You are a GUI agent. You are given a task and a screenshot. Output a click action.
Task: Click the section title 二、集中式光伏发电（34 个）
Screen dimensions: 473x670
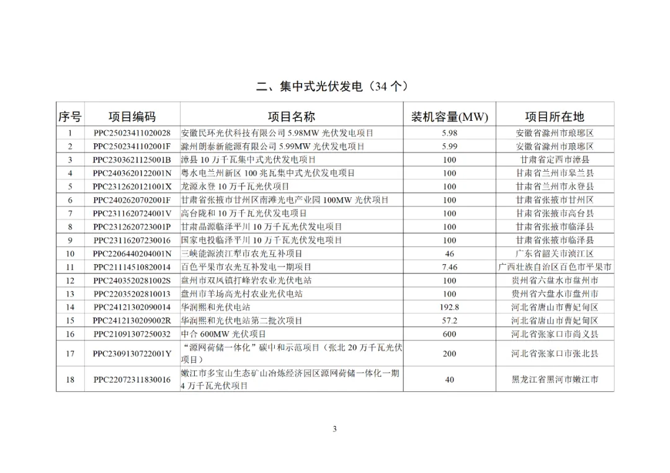334,86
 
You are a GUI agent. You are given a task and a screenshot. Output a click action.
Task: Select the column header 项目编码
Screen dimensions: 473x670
132,117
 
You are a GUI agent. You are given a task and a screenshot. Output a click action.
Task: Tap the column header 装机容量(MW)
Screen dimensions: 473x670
450,117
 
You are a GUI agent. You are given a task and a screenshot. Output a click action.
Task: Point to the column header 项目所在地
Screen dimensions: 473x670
555,117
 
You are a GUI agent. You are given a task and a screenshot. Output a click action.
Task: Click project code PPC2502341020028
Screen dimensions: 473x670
132,133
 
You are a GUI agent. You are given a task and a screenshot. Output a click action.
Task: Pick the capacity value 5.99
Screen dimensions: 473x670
450,147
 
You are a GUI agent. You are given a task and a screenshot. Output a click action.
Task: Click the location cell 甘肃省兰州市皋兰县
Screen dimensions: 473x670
555,173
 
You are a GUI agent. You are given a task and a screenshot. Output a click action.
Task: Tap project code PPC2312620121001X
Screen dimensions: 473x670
132,187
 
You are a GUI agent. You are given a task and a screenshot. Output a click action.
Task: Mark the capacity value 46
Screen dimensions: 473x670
450,254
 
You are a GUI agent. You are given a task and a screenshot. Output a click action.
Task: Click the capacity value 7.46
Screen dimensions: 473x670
450,267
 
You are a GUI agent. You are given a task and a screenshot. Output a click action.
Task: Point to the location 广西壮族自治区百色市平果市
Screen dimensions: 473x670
555,267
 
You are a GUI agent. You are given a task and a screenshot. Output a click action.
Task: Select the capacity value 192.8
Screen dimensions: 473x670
450,307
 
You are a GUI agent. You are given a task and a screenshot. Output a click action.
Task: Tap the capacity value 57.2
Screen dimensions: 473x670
450,320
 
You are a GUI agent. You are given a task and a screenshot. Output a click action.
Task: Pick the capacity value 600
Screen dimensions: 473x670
450,334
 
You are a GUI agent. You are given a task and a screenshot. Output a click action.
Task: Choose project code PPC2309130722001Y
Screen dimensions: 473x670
132,354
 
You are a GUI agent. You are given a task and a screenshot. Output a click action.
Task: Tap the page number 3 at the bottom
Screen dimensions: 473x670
334,429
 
